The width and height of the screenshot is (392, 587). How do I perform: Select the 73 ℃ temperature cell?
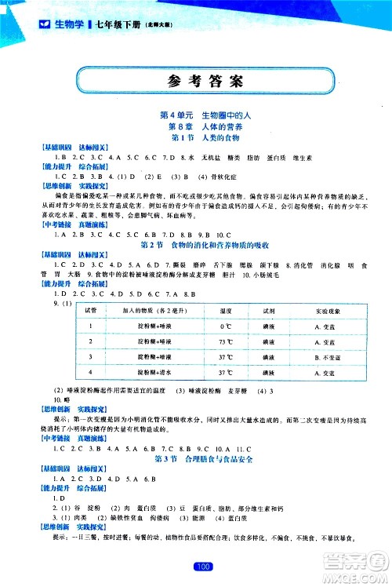point(249,342)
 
